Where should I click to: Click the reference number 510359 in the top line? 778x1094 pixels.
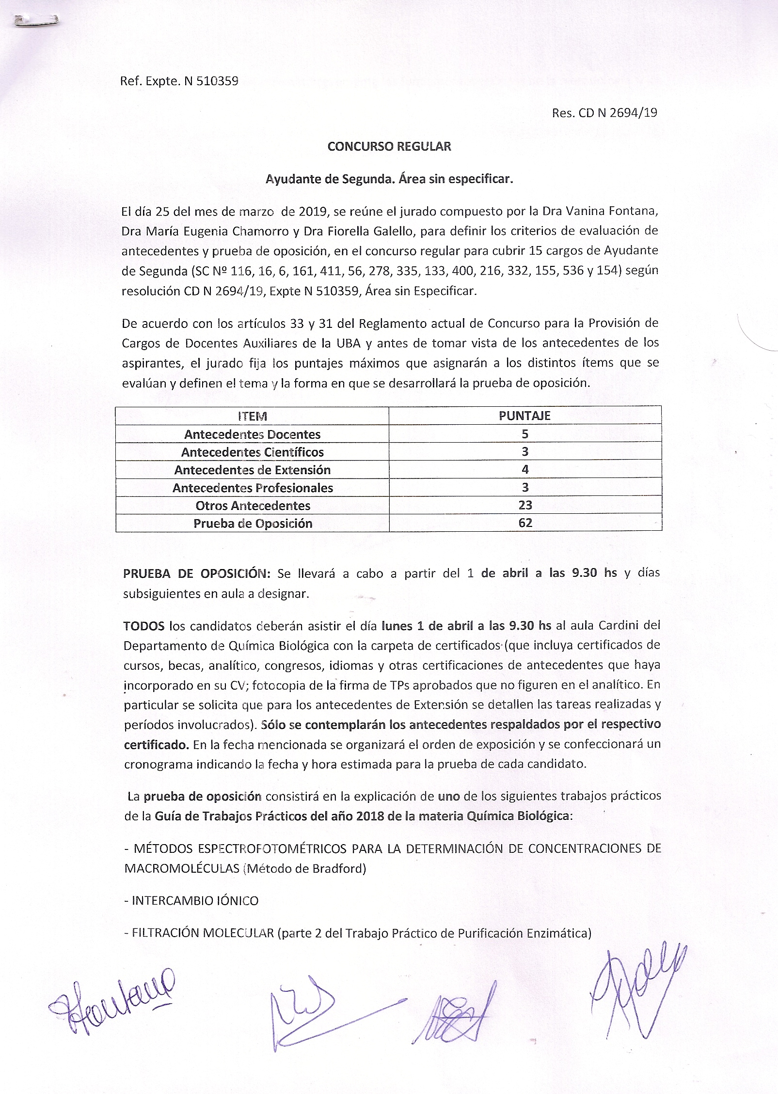[216, 81]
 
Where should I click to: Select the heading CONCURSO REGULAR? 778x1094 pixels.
[389, 147]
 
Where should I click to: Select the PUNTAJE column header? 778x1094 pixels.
[525, 416]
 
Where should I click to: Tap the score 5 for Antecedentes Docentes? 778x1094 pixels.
[525, 434]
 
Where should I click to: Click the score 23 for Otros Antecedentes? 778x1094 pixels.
[525, 506]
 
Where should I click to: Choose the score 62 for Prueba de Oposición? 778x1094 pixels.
[525, 524]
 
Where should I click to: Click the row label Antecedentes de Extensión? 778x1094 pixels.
[252, 470]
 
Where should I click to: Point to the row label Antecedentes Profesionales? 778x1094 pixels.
[253, 488]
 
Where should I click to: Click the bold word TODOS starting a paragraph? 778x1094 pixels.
[144, 625]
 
